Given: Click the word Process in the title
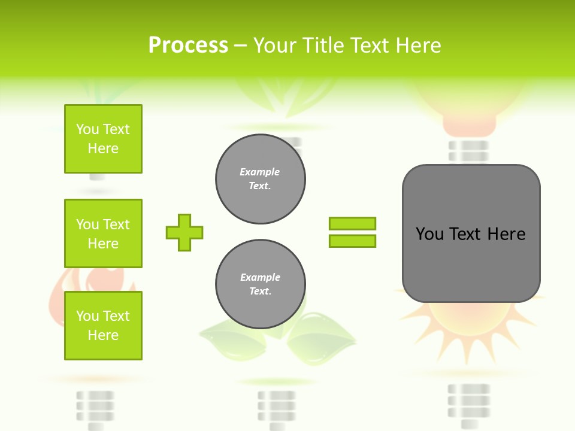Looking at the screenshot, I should click(188, 45).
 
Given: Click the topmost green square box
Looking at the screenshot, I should click(103, 139).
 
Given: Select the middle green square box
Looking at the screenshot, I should click(103, 233).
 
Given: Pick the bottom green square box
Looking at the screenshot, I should click(103, 326).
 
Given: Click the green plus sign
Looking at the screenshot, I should click(184, 232).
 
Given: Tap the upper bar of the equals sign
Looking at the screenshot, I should click(352, 223).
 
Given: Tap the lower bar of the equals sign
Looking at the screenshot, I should click(352, 241).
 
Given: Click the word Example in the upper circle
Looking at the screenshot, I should click(260, 172).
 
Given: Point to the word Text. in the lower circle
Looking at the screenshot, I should click(260, 292).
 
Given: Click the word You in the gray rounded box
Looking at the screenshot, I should click(429, 234).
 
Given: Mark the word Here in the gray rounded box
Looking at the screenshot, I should click(506, 234).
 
